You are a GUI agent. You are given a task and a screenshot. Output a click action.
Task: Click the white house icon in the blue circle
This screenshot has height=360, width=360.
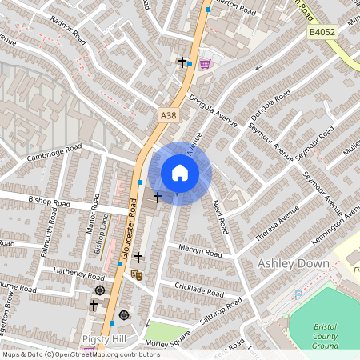pyautogui.click(x=180, y=173)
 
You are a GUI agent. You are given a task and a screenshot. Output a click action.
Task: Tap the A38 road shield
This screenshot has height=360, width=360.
pyautogui.click(x=168, y=116)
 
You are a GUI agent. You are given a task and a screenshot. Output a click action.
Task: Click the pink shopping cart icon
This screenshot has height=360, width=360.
pyautogui.click(x=205, y=63)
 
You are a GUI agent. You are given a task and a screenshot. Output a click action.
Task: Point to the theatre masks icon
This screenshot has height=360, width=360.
pyautogui.click(x=137, y=274)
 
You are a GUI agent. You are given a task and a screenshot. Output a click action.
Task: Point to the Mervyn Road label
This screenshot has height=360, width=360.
pyautogui.click(x=199, y=251)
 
